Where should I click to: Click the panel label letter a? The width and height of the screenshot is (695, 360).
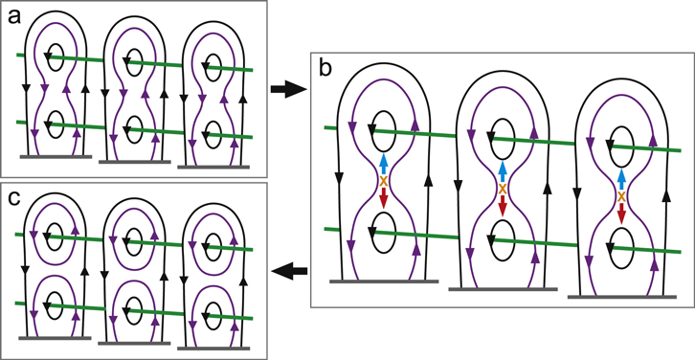click(14, 17)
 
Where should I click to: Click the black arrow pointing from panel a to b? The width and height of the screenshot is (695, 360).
click(285, 90)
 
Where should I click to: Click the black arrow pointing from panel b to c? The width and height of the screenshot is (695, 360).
click(285, 273)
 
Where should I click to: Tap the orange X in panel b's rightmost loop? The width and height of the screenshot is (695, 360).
click(620, 197)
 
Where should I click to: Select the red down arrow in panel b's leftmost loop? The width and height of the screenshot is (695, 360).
click(383, 198)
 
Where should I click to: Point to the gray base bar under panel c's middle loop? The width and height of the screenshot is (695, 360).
click(133, 340)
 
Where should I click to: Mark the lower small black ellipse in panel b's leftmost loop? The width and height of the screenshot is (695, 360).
click(383, 228)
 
